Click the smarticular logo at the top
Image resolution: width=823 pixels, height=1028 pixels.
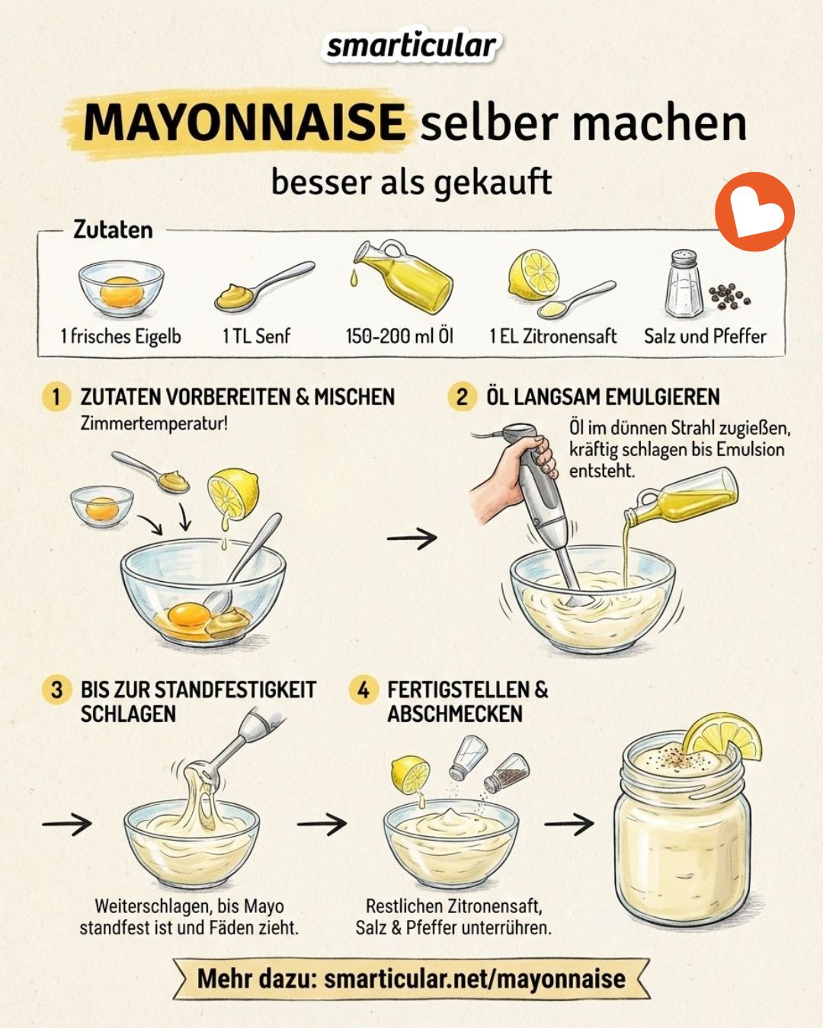tap(411, 46)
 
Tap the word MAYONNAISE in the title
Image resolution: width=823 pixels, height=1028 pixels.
tap(245, 123)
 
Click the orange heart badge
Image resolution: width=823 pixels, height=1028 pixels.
tap(754, 211)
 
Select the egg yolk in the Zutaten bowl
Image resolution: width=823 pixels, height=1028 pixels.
tap(121, 292)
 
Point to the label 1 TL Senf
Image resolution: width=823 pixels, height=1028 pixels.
tap(256, 336)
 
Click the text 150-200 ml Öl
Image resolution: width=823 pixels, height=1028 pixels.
tap(399, 336)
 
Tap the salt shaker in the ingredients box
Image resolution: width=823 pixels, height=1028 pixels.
tap(684, 284)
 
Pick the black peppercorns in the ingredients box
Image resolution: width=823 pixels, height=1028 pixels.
tap(729, 296)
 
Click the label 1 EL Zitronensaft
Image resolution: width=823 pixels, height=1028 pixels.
tap(552, 336)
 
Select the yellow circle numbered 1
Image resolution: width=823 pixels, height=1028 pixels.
tap(56, 397)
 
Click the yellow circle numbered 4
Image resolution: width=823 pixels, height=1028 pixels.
tap(363, 690)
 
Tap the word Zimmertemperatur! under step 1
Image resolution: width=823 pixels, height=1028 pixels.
tap(153, 423)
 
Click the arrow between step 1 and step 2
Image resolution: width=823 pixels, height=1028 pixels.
tap(411, 538)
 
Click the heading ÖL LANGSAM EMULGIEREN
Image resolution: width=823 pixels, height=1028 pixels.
tap(603, 397)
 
